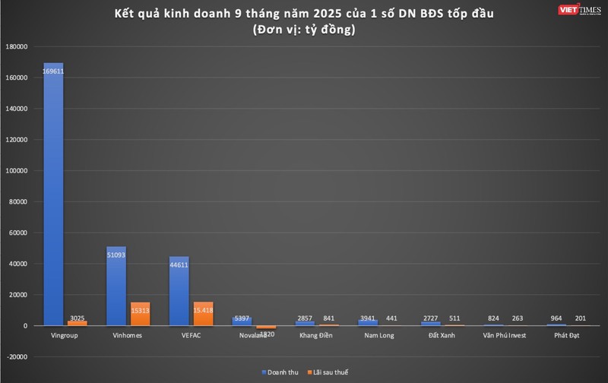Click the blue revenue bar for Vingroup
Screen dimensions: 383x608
click(53, 198)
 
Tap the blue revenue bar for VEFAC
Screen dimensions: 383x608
click(179, 293)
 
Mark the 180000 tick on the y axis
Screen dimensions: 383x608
click(16, 46)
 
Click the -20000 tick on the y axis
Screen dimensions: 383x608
click(16, 356)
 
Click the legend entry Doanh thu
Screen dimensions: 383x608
click(278, 372)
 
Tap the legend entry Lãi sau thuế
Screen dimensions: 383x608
click(329, 372)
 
